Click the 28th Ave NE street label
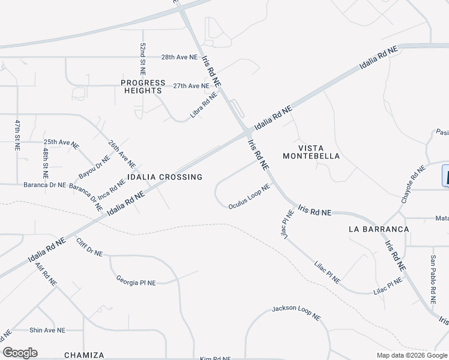pos(179,57)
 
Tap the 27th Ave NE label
pos(191,86)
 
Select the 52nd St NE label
pos(143,58)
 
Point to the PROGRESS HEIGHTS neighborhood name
pos(143,86)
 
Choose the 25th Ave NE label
pos(61,143)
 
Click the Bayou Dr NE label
pos(94,167)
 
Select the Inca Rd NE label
pos(112,189)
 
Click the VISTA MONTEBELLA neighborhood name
pos(319,151)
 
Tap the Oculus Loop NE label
pos(249,197)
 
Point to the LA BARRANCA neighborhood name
pos(379,229)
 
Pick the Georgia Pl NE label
pos(136,280)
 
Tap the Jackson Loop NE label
pos(297,313)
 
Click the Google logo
pos(20,353)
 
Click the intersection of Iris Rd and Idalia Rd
pos(247,131)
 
